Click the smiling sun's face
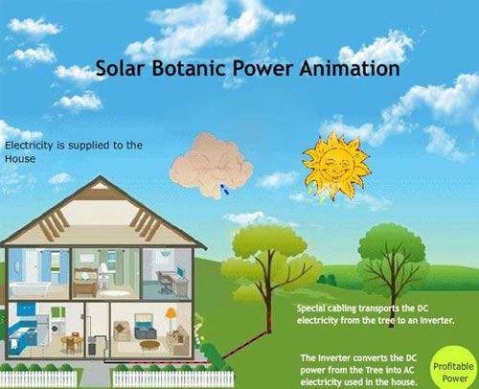(x=336, y=165)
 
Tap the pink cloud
(x=211, y=165)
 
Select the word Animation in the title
(x=350, y=68)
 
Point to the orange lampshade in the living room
(x=171, y=313)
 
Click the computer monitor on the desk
(x=181, y=272)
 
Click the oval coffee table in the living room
(x=149, y=345)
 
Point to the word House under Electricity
(x=20, y=159)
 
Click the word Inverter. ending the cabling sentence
(x=437, y=320)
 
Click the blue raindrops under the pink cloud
(x=224, y=189)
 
